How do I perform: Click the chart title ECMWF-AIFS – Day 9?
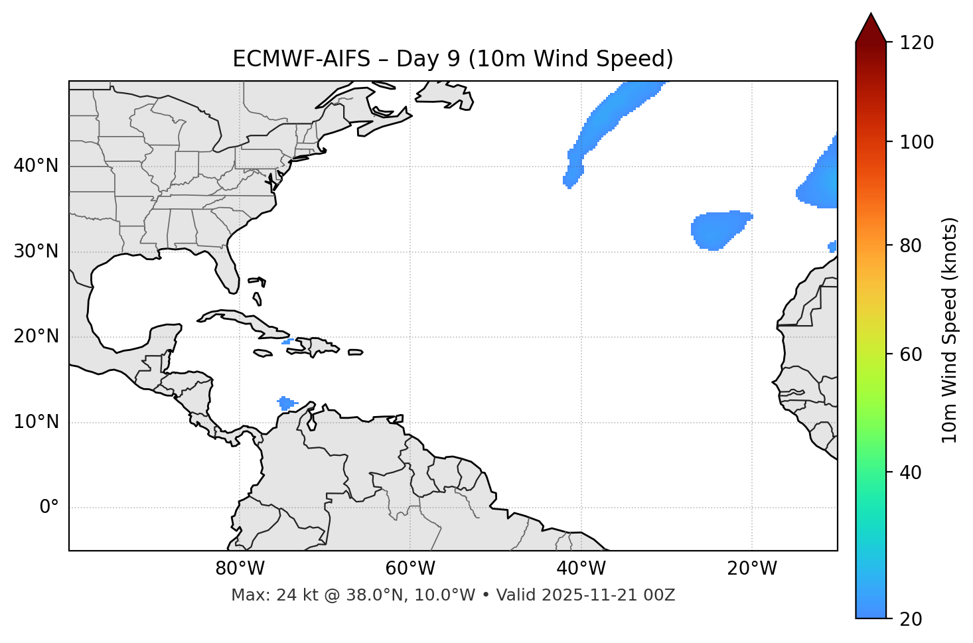click(x=453, y=59)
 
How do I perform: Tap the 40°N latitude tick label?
click(x=36, y=166)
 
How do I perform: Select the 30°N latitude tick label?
click(x=36, y=251)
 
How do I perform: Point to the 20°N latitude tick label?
click(x=36, y=336)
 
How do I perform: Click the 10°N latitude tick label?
click(x=36, y=422)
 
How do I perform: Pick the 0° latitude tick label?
click(x=48, y=508)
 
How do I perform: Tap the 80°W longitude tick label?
click(x=240, y=569)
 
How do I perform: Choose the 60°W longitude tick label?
click(x=410, y=569)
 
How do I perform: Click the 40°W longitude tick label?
click(x=581, y=569)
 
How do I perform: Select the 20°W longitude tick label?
click(x=751, y=569)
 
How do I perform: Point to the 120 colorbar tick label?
click(x=917, y=43)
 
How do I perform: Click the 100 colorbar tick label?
click(x=917, y=142)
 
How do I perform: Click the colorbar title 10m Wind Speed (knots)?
click(x=950, y=330)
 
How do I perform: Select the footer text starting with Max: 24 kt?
click(x=453, y=595)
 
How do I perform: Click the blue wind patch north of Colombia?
click(x=286, y=403)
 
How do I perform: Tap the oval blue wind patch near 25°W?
click(x=718, y=229)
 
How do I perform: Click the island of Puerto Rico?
click(x=356, y=352)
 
